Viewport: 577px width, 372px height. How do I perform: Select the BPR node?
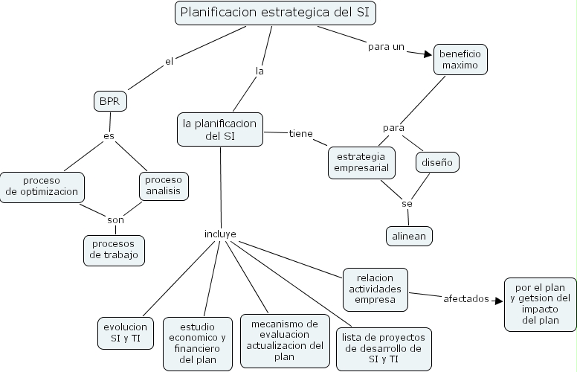[x=111, y=100]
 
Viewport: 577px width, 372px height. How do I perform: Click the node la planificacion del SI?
[x=219, y=129]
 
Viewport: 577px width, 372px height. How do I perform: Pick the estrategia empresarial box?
[x=361, y=163]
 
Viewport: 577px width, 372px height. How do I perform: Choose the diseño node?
[x=436, y=161]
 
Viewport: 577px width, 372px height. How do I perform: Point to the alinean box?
[x=409, y=236]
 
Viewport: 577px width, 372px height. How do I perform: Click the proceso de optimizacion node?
[x=42, y=186]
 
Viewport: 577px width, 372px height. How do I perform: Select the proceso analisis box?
[x=163, y=186]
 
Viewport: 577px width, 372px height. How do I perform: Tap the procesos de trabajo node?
[x=114, y=250]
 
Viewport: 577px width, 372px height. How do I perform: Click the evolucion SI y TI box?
[x=126, y=333]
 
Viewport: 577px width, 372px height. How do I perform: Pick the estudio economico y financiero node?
[x=197, y=342]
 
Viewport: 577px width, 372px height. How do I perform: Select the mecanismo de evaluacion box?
[x=285, y=340]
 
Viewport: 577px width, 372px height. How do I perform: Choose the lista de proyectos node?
[x=384, y=348]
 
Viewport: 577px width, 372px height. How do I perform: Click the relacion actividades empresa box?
[x=376, y=289]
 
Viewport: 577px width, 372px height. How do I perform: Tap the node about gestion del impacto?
[x=540, y=304]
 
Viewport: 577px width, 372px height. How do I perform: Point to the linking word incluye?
[x=220, y=234]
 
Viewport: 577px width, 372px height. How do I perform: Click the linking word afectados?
[x=466, y=298]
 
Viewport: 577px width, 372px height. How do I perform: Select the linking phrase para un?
[x=386, y=46]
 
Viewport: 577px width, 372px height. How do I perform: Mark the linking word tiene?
[x=300, y=133]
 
